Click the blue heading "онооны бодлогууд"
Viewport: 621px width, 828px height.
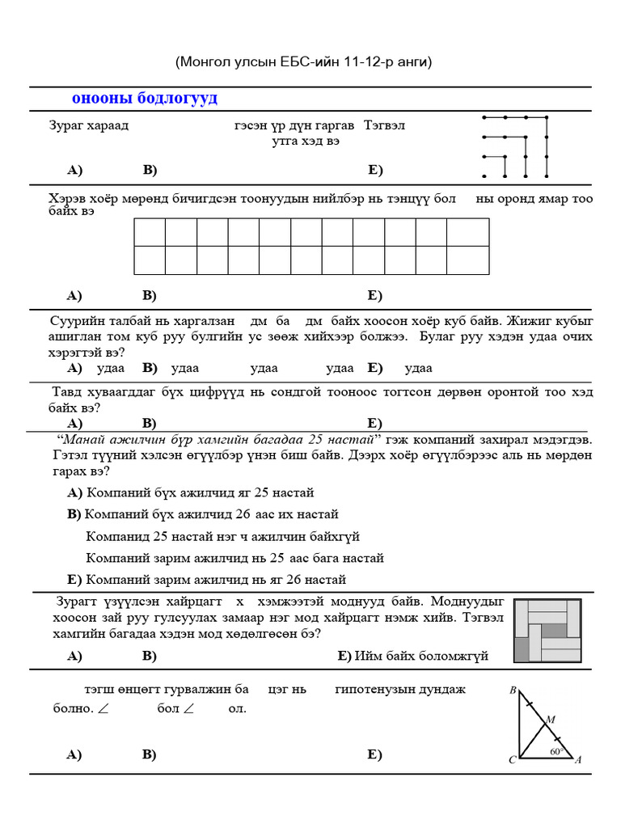(145, 99)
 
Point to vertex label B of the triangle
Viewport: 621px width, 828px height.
(513, 691)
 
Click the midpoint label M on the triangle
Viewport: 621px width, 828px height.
(550, 719)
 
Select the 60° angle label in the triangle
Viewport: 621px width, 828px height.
(556, 751)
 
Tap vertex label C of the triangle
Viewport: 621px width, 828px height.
(512, 760)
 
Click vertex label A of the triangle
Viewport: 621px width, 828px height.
(578, 760)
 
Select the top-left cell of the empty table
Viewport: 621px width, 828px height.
(150, 232)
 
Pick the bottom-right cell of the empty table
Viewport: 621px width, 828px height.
(467, 260)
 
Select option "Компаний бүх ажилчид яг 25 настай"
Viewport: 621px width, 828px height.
(200, 492)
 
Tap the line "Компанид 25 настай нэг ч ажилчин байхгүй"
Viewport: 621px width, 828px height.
(222, 536)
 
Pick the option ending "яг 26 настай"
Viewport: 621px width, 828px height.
(216, 580)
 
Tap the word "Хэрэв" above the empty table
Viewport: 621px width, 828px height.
(67, 199)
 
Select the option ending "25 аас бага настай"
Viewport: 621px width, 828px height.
(234, 558)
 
